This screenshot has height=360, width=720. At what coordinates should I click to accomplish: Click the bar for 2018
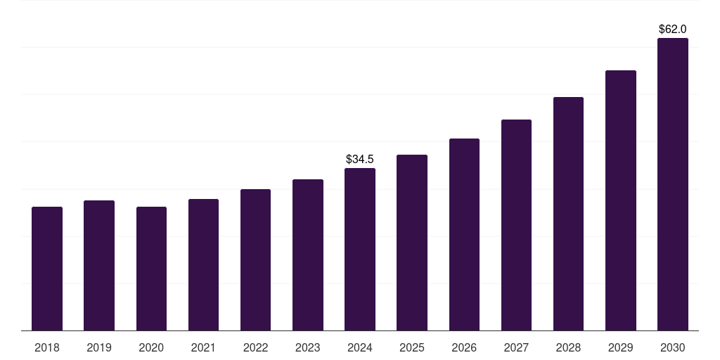click(47, 269)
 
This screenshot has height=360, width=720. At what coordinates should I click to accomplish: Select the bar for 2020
click(151, 269)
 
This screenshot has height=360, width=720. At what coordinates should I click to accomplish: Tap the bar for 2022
click(255, 260)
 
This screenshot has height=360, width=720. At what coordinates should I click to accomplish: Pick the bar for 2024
click(360, 250)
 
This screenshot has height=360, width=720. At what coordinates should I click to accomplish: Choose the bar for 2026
click(464, 235)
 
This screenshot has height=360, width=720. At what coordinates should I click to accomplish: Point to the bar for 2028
click(568, 214)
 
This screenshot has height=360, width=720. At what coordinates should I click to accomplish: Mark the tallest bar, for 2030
click(673, 184)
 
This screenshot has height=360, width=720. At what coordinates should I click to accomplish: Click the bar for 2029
click(621, 200)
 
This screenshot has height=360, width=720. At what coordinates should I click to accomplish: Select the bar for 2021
click(203, 265)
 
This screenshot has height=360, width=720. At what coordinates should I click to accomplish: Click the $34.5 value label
click(360, 160)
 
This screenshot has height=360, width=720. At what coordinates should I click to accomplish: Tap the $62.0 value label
click(673, 30)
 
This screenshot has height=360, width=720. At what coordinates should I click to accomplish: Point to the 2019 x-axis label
click(99, 347)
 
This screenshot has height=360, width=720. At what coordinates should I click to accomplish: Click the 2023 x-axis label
click(307, 347)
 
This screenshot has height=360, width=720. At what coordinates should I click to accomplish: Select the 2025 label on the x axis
click(412, 347)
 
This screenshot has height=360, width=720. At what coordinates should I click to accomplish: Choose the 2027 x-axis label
click(516, 347)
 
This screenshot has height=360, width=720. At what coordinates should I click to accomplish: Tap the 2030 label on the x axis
click(673, 347)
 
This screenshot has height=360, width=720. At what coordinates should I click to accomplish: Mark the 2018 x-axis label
click(47, 347)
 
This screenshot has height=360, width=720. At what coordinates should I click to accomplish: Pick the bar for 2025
click(412, 243)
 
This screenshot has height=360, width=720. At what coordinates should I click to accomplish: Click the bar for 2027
click(516, 225)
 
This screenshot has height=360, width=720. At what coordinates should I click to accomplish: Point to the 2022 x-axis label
click(255, 347)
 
